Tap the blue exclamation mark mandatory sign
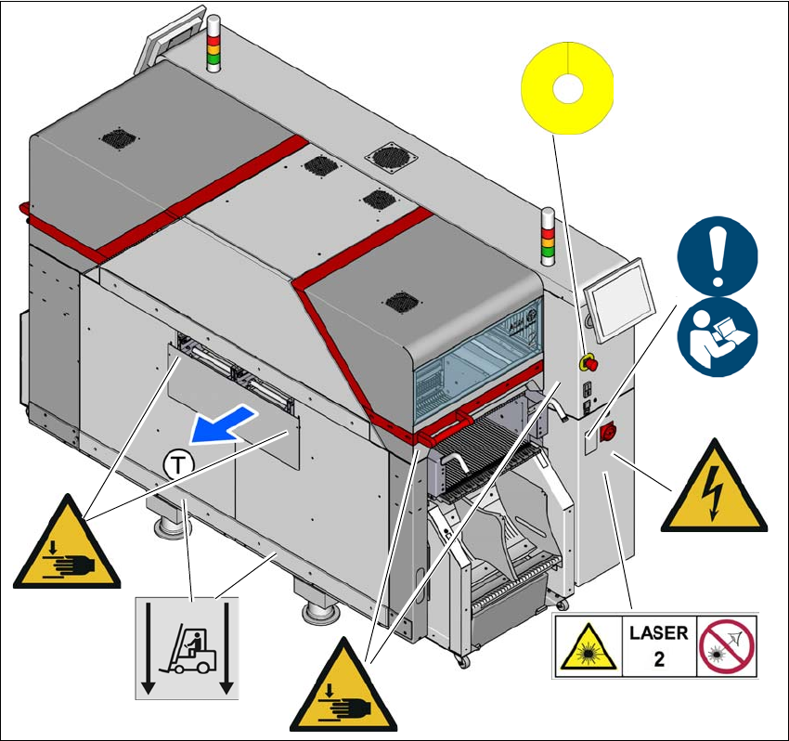tap(718, 254)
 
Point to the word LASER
tap(659, 633)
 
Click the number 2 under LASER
tap(658, 660)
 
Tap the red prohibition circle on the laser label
tap(727, 646)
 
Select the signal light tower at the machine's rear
tap(212, 44)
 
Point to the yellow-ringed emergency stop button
tap(587, 362)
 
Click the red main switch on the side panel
tap(610, 431)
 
